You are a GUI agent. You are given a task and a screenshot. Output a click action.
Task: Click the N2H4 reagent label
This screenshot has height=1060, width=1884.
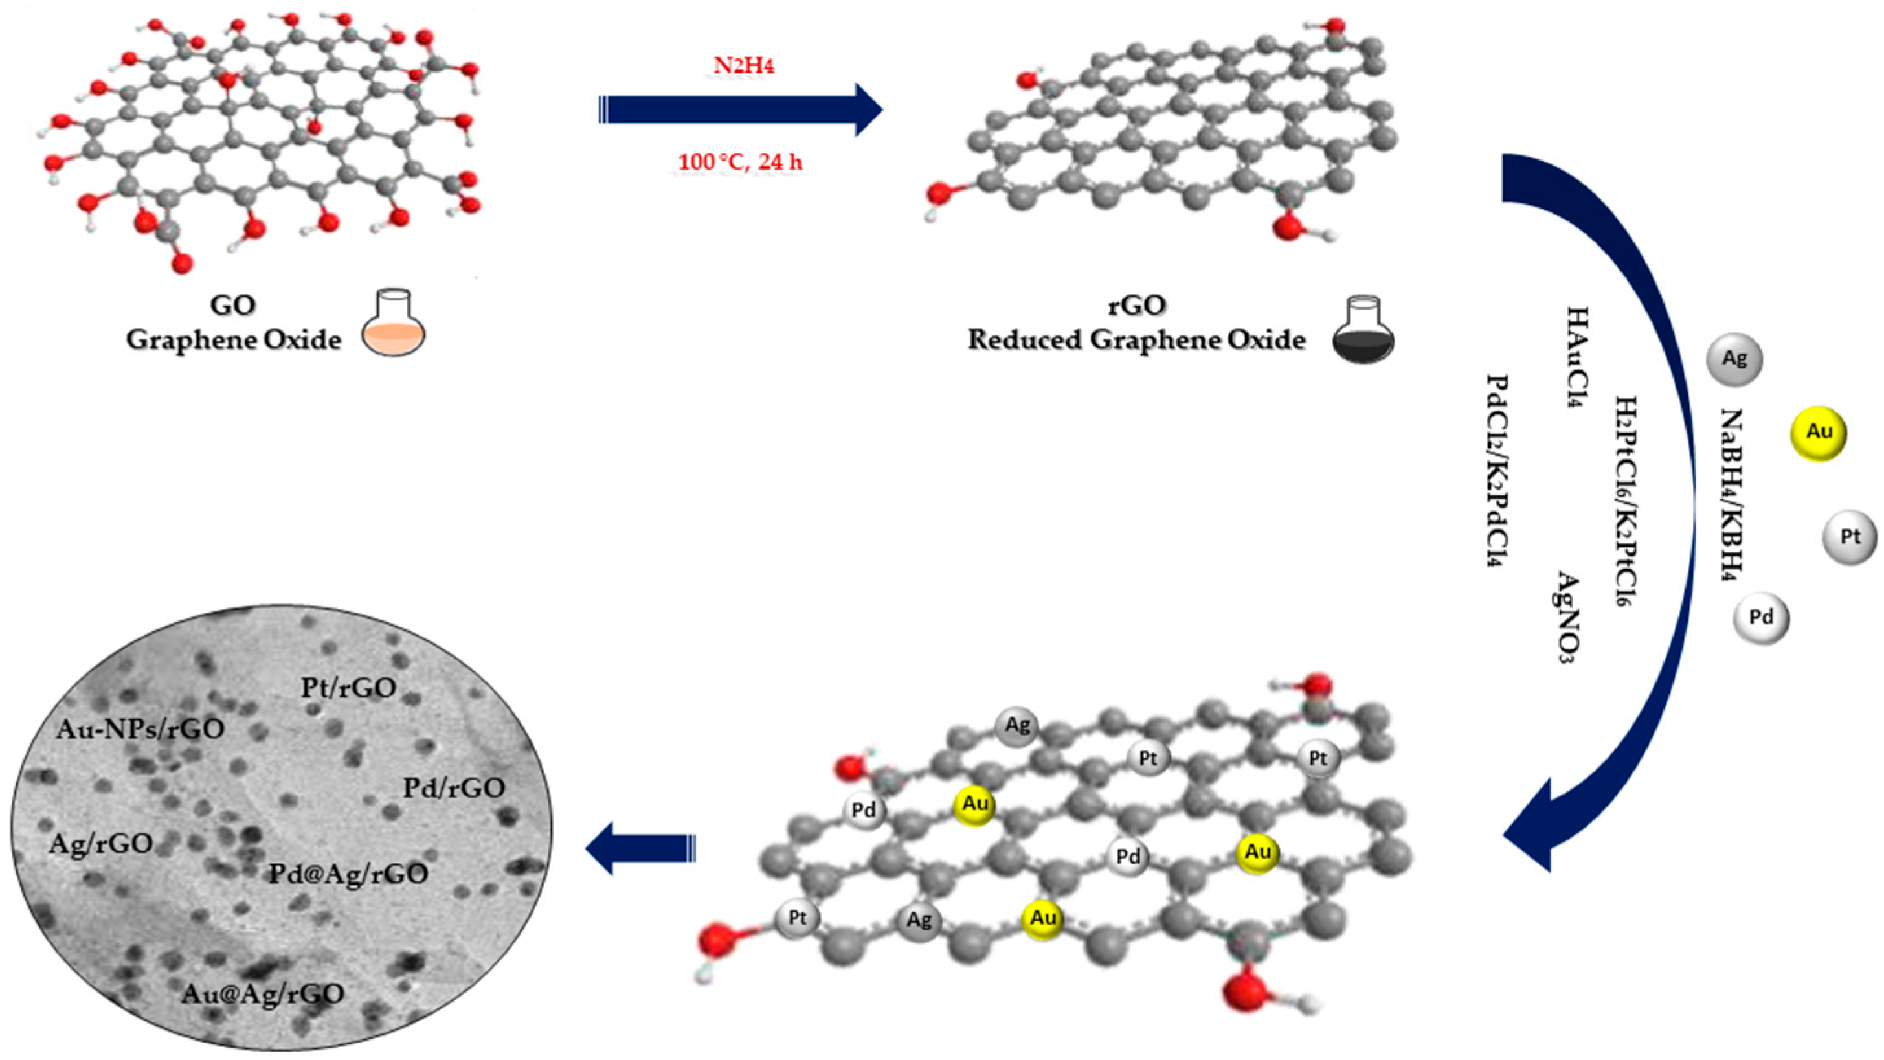(x=743, y=66)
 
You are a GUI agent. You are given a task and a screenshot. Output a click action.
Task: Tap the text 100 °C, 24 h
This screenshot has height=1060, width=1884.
(x=740, y=162)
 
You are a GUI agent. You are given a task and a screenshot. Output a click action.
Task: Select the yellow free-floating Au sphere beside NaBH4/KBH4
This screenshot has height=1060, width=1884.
(x=1818, y=433)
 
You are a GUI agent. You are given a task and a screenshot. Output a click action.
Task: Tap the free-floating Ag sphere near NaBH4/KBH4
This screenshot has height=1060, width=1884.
(x=1734, y=359)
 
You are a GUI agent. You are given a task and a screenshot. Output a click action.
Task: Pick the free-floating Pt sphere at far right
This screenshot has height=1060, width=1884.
(x=1850, y=537)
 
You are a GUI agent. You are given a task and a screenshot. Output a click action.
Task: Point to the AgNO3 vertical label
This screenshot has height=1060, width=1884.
(x=1567, y=616)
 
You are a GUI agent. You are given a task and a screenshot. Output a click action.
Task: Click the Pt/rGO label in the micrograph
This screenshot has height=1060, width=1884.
(x=349, y=688)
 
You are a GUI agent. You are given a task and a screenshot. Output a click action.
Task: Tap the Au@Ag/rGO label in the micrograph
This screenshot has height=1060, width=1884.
(x=264, y=993)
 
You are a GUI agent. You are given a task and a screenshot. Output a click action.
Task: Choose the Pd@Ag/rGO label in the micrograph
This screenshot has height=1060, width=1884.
(x=348, y=874)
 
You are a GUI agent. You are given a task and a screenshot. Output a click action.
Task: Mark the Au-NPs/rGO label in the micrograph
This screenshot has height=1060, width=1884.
(x=140, y=729)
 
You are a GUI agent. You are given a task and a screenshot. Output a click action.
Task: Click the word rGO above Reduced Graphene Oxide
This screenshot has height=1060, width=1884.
(x=1136, y=305)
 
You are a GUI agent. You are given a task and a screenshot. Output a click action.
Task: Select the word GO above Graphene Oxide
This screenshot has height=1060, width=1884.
(x=232, y=304)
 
